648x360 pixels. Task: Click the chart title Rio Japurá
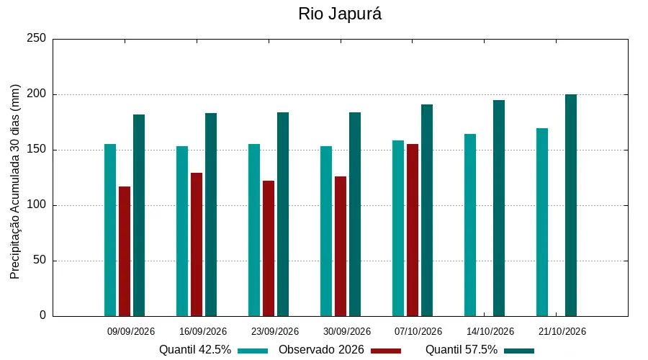(x=340, y=14)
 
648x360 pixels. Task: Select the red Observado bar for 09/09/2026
(x=125, y=251)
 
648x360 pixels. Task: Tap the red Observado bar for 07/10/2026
(x=413, y=230)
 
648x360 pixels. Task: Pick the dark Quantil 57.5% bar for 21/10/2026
(x=571, y=205)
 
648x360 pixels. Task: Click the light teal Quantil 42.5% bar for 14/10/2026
(x=470, y=225)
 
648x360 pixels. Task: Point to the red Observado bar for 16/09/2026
(x=197, y=245)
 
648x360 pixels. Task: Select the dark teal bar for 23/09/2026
(x=283, y=215)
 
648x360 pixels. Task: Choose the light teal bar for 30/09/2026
(x=326, y=231)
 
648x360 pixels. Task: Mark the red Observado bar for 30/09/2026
(x=341, y=246)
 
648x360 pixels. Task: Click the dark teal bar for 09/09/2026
(x=139, y=215)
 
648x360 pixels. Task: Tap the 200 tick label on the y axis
(x=37, y=94)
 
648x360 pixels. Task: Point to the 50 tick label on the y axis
(x=40, y=261)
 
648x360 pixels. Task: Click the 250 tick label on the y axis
(x=37, y=38)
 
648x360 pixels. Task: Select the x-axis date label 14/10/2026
(x=490, y=331)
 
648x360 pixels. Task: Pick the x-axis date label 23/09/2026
(x=275, y=331)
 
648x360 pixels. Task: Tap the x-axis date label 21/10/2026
(x=562, y=331)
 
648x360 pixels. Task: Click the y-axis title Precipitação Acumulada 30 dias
(x=15, y=182)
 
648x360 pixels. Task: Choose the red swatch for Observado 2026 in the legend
(x=386, y=351)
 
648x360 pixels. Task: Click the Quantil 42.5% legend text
(x=195, y=350)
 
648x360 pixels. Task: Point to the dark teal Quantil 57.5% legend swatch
(x=519, y=351)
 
